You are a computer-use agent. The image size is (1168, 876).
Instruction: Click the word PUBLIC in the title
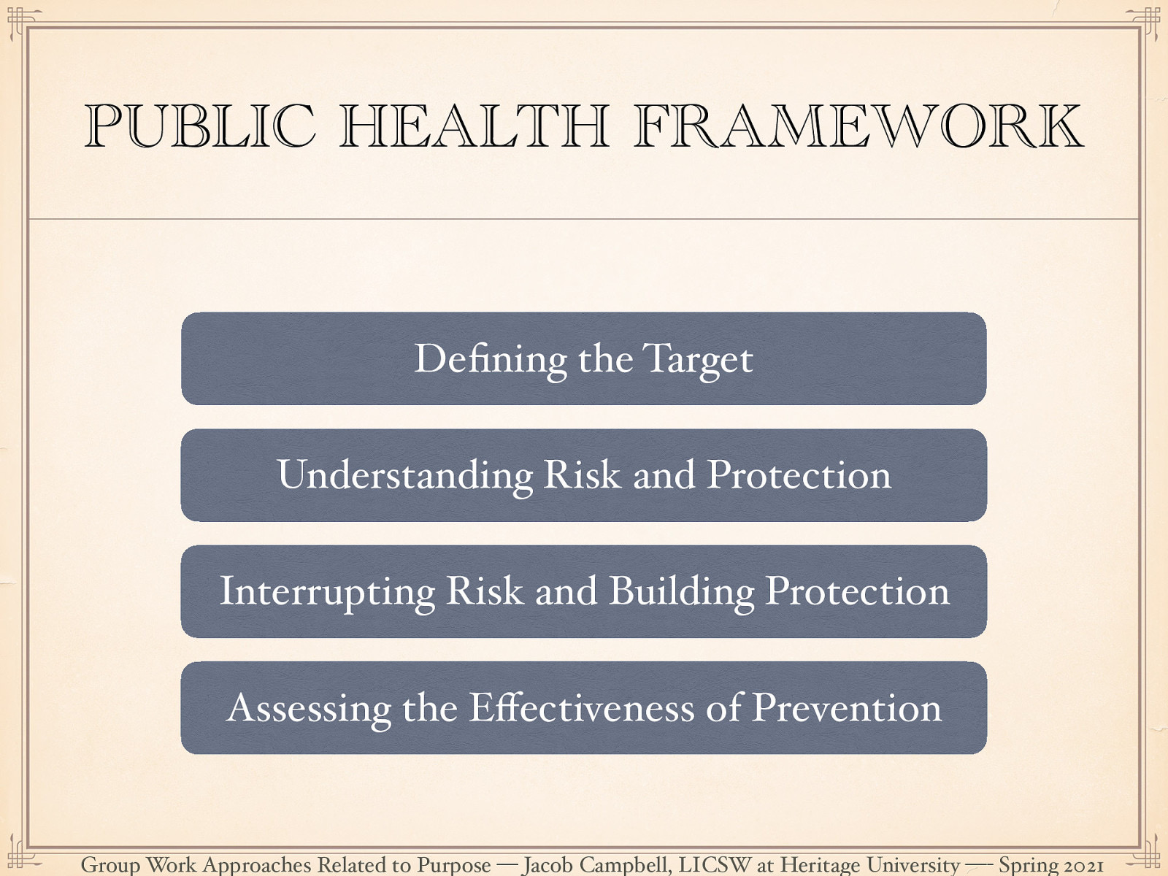pyautogui.click(x=199, y=127)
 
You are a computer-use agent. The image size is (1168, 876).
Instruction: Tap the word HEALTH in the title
pyautogui.click(x=474, y=127)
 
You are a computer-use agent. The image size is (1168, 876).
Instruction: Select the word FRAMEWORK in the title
pyautogui.click(x=858, y=127)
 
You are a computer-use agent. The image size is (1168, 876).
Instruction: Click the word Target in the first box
pyautogui.click(x=697, y=360)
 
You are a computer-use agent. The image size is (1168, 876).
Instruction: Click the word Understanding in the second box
pyautogui.click(x=404, y=476)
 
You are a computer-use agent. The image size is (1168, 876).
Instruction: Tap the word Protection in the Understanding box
pyautogui.click(x=799, y=475)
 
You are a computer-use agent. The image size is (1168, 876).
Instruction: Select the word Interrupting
pyautogui.click(x=327, y=592)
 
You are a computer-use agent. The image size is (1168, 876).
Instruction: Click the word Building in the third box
pyautogui.click(x=681, y=592)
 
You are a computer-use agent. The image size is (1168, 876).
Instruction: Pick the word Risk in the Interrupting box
pyautogui.click(x=485, y=591)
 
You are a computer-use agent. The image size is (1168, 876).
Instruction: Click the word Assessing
pyautogui.click(x=309, y=709)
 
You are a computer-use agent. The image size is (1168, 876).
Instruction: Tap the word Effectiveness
pyautogui.click(x=581, y=707)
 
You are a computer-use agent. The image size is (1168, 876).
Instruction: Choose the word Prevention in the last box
pyautogui.click(x=847, y=708)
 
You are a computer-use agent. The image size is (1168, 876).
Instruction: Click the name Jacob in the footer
pyautogui.click(x=547, y=865)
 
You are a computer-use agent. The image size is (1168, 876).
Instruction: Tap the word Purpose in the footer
pyautogui.click(x=453, y=866)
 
